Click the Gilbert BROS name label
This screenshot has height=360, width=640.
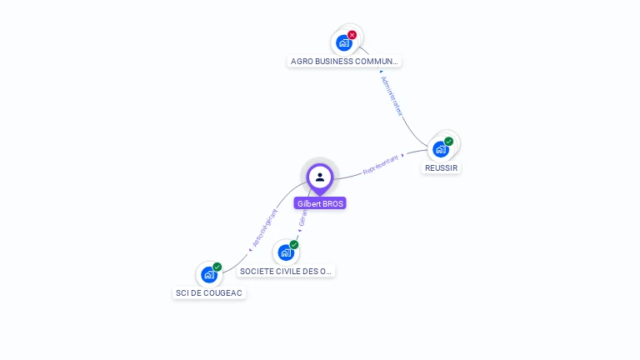click(x=320, y=203)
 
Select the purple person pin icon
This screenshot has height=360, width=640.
click(x=320, y=177)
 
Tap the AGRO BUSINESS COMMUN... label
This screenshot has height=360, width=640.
click(x=344, y=61)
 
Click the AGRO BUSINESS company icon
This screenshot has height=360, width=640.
click(x=343, y=43)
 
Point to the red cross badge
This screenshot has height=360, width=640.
click(x=352, y=35)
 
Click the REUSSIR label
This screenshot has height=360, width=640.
click(x=441, y=167)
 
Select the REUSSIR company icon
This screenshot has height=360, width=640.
click(x=440, y=150)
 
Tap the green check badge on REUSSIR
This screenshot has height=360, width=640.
click(x=449, y=142)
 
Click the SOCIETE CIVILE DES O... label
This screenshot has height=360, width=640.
click(x=286, y=271)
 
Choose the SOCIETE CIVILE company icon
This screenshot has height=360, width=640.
click(x=285, y=252)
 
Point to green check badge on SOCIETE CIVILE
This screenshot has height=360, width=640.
click(x=294, y=245)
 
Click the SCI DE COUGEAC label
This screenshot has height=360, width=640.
click(x=209, y=292)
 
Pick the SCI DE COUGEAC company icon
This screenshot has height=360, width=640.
click(x=208, y=275)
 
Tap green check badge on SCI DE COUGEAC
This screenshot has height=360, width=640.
click(x=217, y=267)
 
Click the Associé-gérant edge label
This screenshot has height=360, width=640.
click(x=265, y=227)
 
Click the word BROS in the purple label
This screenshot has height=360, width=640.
click(x=332, y=203)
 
